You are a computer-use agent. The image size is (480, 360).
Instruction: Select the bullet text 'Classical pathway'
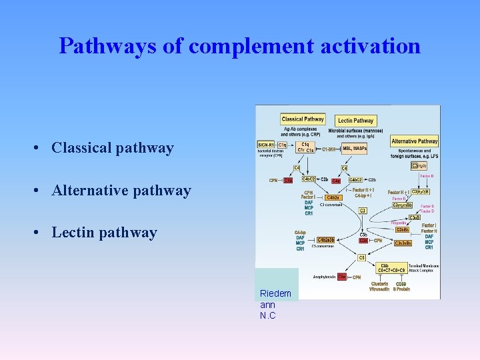tap(113, 148)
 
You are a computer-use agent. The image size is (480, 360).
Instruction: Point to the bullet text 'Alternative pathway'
tap(121, 191)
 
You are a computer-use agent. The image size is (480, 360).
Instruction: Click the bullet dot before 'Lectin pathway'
tap(41, 233)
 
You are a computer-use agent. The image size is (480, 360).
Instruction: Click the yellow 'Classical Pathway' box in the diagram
tap(303, 119)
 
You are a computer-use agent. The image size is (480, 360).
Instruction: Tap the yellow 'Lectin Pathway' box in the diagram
tap(355, 121)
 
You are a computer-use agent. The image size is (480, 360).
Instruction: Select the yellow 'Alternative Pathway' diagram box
tap(414, 141)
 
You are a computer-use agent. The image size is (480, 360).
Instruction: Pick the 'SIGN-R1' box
tap(266, 145)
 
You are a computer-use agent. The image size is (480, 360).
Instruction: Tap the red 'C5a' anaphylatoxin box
tap(341, 276)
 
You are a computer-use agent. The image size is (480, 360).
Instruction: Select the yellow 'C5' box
tap(362, 257)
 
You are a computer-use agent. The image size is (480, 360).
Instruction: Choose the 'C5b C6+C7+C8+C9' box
tap(392, 268)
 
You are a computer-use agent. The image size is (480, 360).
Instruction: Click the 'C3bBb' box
tap(402, 229)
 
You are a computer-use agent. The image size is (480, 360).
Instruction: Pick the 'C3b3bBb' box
tap(405, 243)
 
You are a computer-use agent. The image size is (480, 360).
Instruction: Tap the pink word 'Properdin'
tap(399, 223)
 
